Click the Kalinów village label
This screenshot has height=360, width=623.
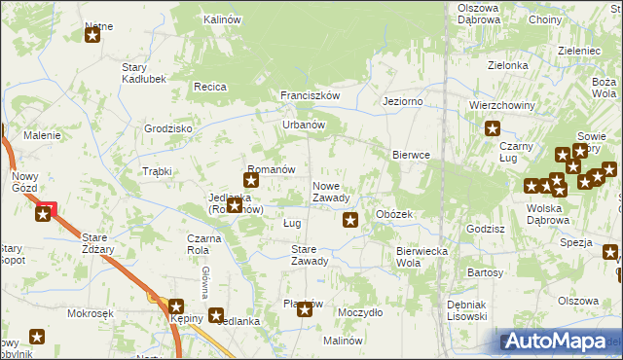click(x=222, y=18)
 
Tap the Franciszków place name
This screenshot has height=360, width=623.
click(x=310, y=95)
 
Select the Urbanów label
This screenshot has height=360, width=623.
click(x=303, y=125)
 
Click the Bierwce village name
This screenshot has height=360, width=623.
click(x=411, y=155)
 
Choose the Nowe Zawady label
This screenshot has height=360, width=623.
click(x=331, y=192)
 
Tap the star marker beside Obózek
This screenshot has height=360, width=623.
click(x=350, y=221)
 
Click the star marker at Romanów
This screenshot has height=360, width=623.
click(x=251, y=179)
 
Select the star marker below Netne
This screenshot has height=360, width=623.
click(x=92, y=36)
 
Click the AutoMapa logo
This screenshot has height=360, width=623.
click(x=558, y=342)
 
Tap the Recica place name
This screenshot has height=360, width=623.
click(x=210, y=87)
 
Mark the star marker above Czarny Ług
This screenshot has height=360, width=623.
click(x=493, y=127)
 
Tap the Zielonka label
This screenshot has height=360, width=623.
click(x=507, y=65)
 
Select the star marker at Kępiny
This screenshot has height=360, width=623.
click(x=176, y=306)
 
